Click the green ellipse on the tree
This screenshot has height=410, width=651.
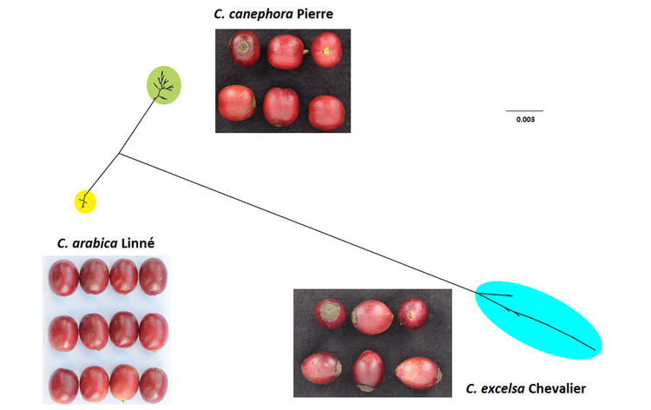tap(164, 85)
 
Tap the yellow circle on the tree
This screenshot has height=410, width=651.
tap(85, 202)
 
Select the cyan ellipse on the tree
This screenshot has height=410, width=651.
tap(538, 320)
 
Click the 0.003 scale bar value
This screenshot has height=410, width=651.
tap(525, 120)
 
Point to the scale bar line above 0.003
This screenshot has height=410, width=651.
tap(524, 111)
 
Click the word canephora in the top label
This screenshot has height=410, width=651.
tap(260, 14)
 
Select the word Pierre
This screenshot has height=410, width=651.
tap(315, 14)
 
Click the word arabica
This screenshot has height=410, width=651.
tap(95, 243)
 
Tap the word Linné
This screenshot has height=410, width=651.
tap(138, 242)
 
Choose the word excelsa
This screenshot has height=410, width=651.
tap(503, 389)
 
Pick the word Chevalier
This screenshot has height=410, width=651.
tap(557, 389)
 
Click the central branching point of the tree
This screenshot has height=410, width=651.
tap(120, 153)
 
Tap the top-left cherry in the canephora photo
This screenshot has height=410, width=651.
tap(245, 49)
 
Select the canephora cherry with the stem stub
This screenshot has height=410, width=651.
tap(286, 52)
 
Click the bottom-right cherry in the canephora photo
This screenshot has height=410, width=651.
tap(326, 113)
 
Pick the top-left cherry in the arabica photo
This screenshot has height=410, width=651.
tap(63, 278)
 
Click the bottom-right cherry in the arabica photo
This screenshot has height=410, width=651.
tap(154, 385)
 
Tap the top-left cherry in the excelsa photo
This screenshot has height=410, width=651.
tap(330, 314)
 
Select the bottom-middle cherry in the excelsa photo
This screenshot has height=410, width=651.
tap(368, 371)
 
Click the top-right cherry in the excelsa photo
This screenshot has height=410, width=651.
tap(413, 314)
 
